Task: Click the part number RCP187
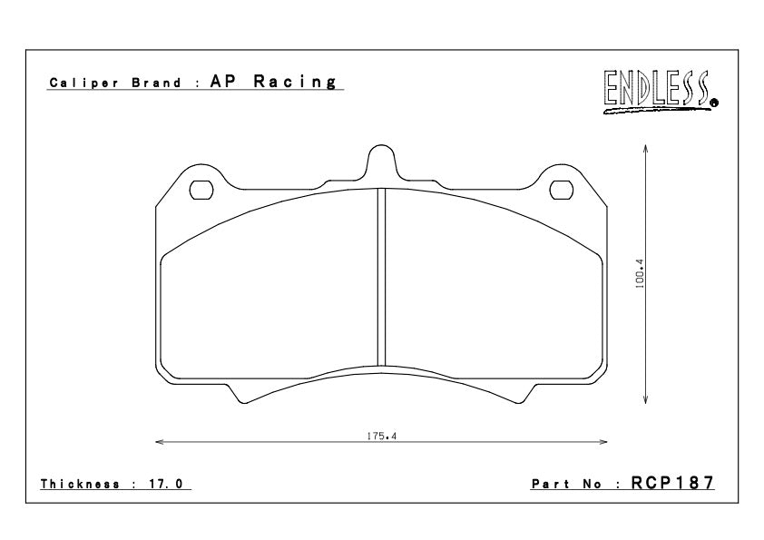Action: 672,484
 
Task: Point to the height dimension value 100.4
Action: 639,272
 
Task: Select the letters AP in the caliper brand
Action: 224,83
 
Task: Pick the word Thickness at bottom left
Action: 81,485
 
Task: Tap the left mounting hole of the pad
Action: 201,190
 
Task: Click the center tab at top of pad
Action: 381,163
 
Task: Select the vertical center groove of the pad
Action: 381,272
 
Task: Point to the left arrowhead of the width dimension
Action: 160,443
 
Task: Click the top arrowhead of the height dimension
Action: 644,146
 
